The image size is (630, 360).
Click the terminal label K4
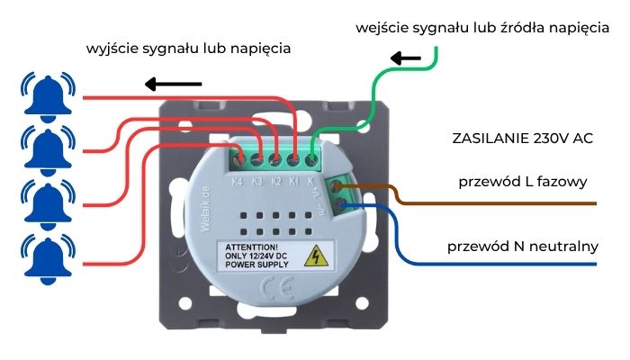click(238, 180)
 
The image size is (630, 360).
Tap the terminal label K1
click(293, 180)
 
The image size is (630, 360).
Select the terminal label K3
click(256, 180)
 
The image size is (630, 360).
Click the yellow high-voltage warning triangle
click(316, 257)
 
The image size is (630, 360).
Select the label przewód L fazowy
click(523, 181)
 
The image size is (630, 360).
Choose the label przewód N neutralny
click(523, 245)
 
